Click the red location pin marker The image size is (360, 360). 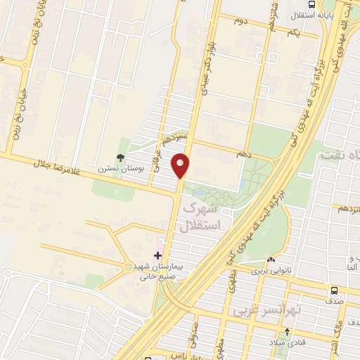(x=181, y=165)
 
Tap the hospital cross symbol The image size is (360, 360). (x=157, y=255)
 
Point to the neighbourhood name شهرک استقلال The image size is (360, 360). (x=202, y=218)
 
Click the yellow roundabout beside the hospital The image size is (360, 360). (x=127, y=266)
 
